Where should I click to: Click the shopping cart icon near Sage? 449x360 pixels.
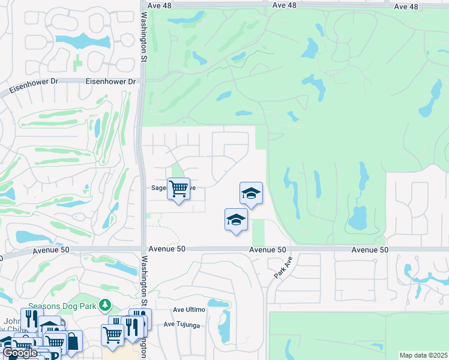(178, 189)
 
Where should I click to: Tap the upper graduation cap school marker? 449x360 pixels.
(251, 193)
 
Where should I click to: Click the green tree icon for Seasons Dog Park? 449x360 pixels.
(106, 305)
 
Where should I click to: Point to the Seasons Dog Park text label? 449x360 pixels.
(71, 305)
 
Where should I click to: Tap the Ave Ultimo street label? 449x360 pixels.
(189, 310)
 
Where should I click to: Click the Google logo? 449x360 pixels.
(20, 353)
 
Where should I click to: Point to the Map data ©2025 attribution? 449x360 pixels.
(423, 355)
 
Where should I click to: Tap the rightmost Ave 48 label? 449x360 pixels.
(406, 7)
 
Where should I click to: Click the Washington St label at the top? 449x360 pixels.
(144, 31)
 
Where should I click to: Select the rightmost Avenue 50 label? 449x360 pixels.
(371, 250)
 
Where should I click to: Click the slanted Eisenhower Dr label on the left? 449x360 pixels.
(30, 88)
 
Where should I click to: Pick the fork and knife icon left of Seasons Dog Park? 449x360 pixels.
(30, 318)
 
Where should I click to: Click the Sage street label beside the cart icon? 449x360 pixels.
(158, 188)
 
